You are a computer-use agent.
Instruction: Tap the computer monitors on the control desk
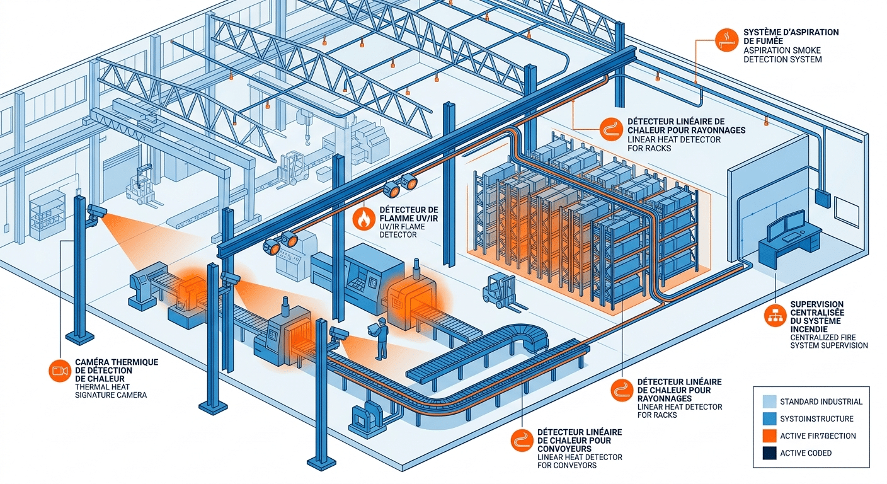tap(786, 222)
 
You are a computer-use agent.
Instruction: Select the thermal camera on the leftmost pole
tap(96, 213)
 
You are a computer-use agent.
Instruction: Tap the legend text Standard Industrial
tap(821, 401)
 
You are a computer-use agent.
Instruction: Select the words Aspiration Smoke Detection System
tap(782, 54)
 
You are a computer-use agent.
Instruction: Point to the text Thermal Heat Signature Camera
tap(110, 391)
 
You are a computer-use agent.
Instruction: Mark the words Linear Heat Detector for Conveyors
tap(580, 461)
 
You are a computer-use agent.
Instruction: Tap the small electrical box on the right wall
tap(822, 199)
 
